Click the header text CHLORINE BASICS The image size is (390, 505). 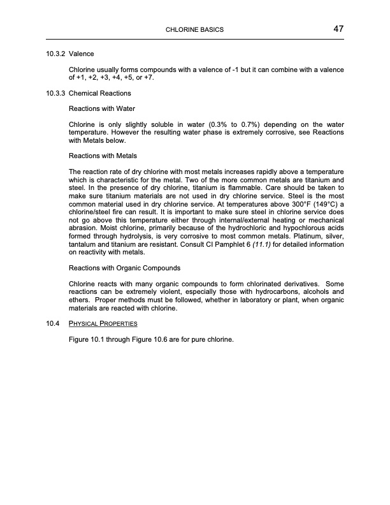click(x=194, y=30)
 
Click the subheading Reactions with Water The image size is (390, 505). click(x=101, y=108)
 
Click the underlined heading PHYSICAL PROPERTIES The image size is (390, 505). click(x=103, y=323)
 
